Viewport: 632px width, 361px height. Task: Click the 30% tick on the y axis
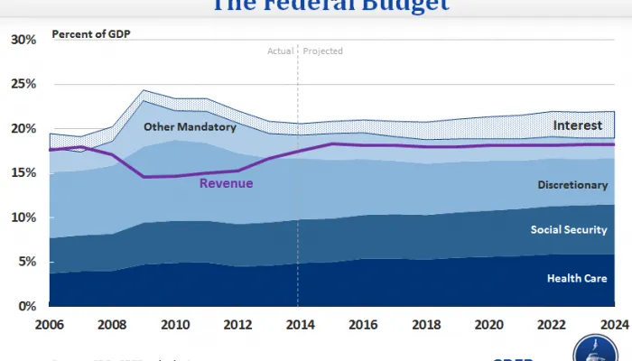click(x=23, y=40)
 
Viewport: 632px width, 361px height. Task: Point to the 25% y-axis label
click(x=23, y=84)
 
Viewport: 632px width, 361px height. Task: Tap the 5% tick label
click(x=27, y=262)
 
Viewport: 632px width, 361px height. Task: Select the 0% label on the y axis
click(x=27, y=306)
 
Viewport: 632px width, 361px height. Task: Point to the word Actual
click(x=281, y=51)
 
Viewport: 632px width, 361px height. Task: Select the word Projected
click(x=323, y=51)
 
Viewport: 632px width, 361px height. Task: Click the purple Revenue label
click(x=226, y=183)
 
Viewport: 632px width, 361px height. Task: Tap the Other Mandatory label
click(x=190, y=127)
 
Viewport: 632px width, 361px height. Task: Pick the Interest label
click(x=578, y=125)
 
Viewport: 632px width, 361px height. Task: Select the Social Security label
click(x=568, y=230)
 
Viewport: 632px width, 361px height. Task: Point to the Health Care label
click(x=576, y=279)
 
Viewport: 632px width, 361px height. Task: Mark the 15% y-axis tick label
click(x=23, y=173)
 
